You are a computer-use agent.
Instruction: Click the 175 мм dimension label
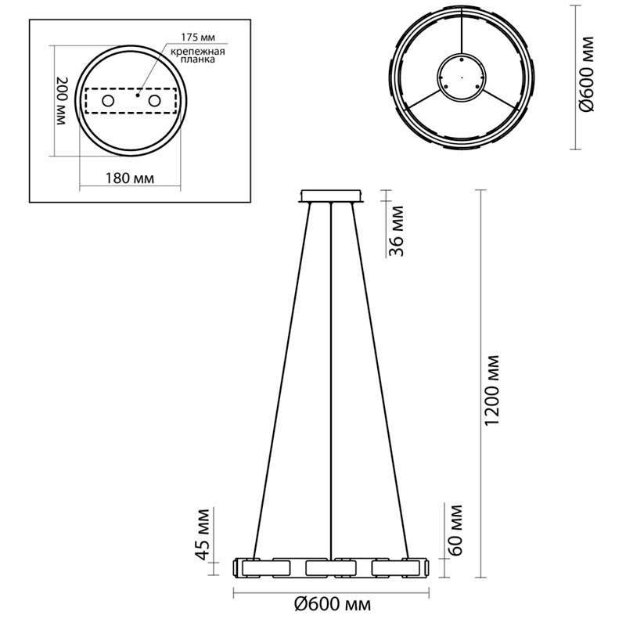click(198, 38)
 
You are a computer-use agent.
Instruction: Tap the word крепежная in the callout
click(198, 52)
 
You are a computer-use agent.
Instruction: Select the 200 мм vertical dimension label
click(63, 101)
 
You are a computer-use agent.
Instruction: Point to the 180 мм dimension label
click(129, 178)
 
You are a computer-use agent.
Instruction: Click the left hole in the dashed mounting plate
click(108, 101)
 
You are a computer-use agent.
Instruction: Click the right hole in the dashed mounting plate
click(154, 101)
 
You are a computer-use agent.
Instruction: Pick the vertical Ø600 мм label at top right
click(587, 74)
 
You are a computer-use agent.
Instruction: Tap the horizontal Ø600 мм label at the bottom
click(332, 604)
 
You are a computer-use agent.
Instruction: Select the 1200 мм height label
click(493, 390)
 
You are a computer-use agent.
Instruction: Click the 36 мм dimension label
click(397, 231)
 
